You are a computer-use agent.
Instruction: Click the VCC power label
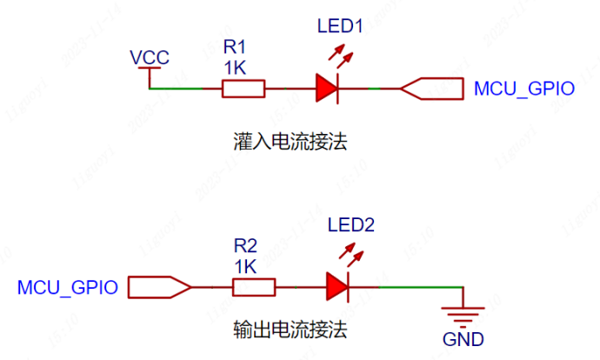coord(149,58)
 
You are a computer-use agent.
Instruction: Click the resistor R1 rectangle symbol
coord(243,88)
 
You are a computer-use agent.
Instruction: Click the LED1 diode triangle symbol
coord(326,88)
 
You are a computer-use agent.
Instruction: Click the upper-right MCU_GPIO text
coord(523,89)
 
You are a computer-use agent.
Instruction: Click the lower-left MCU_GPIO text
coord(68,287)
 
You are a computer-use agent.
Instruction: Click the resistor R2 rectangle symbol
coord(254,286)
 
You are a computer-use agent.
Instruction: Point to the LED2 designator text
coord(350,226)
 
